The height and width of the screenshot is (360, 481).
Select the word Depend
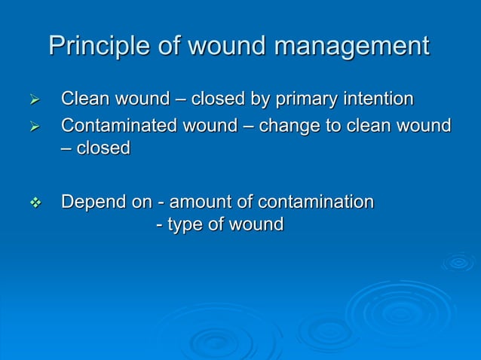coord(87,202)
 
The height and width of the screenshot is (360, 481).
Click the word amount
coord(203,202)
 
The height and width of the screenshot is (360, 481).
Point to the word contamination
coord(316,202)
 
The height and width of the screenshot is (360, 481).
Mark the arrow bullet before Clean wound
coord(32,100)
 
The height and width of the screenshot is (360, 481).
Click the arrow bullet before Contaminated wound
coord(32,126)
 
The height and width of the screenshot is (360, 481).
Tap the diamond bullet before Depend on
coord(32,203)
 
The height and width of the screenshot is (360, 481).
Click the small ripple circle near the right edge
coord(458,262)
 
